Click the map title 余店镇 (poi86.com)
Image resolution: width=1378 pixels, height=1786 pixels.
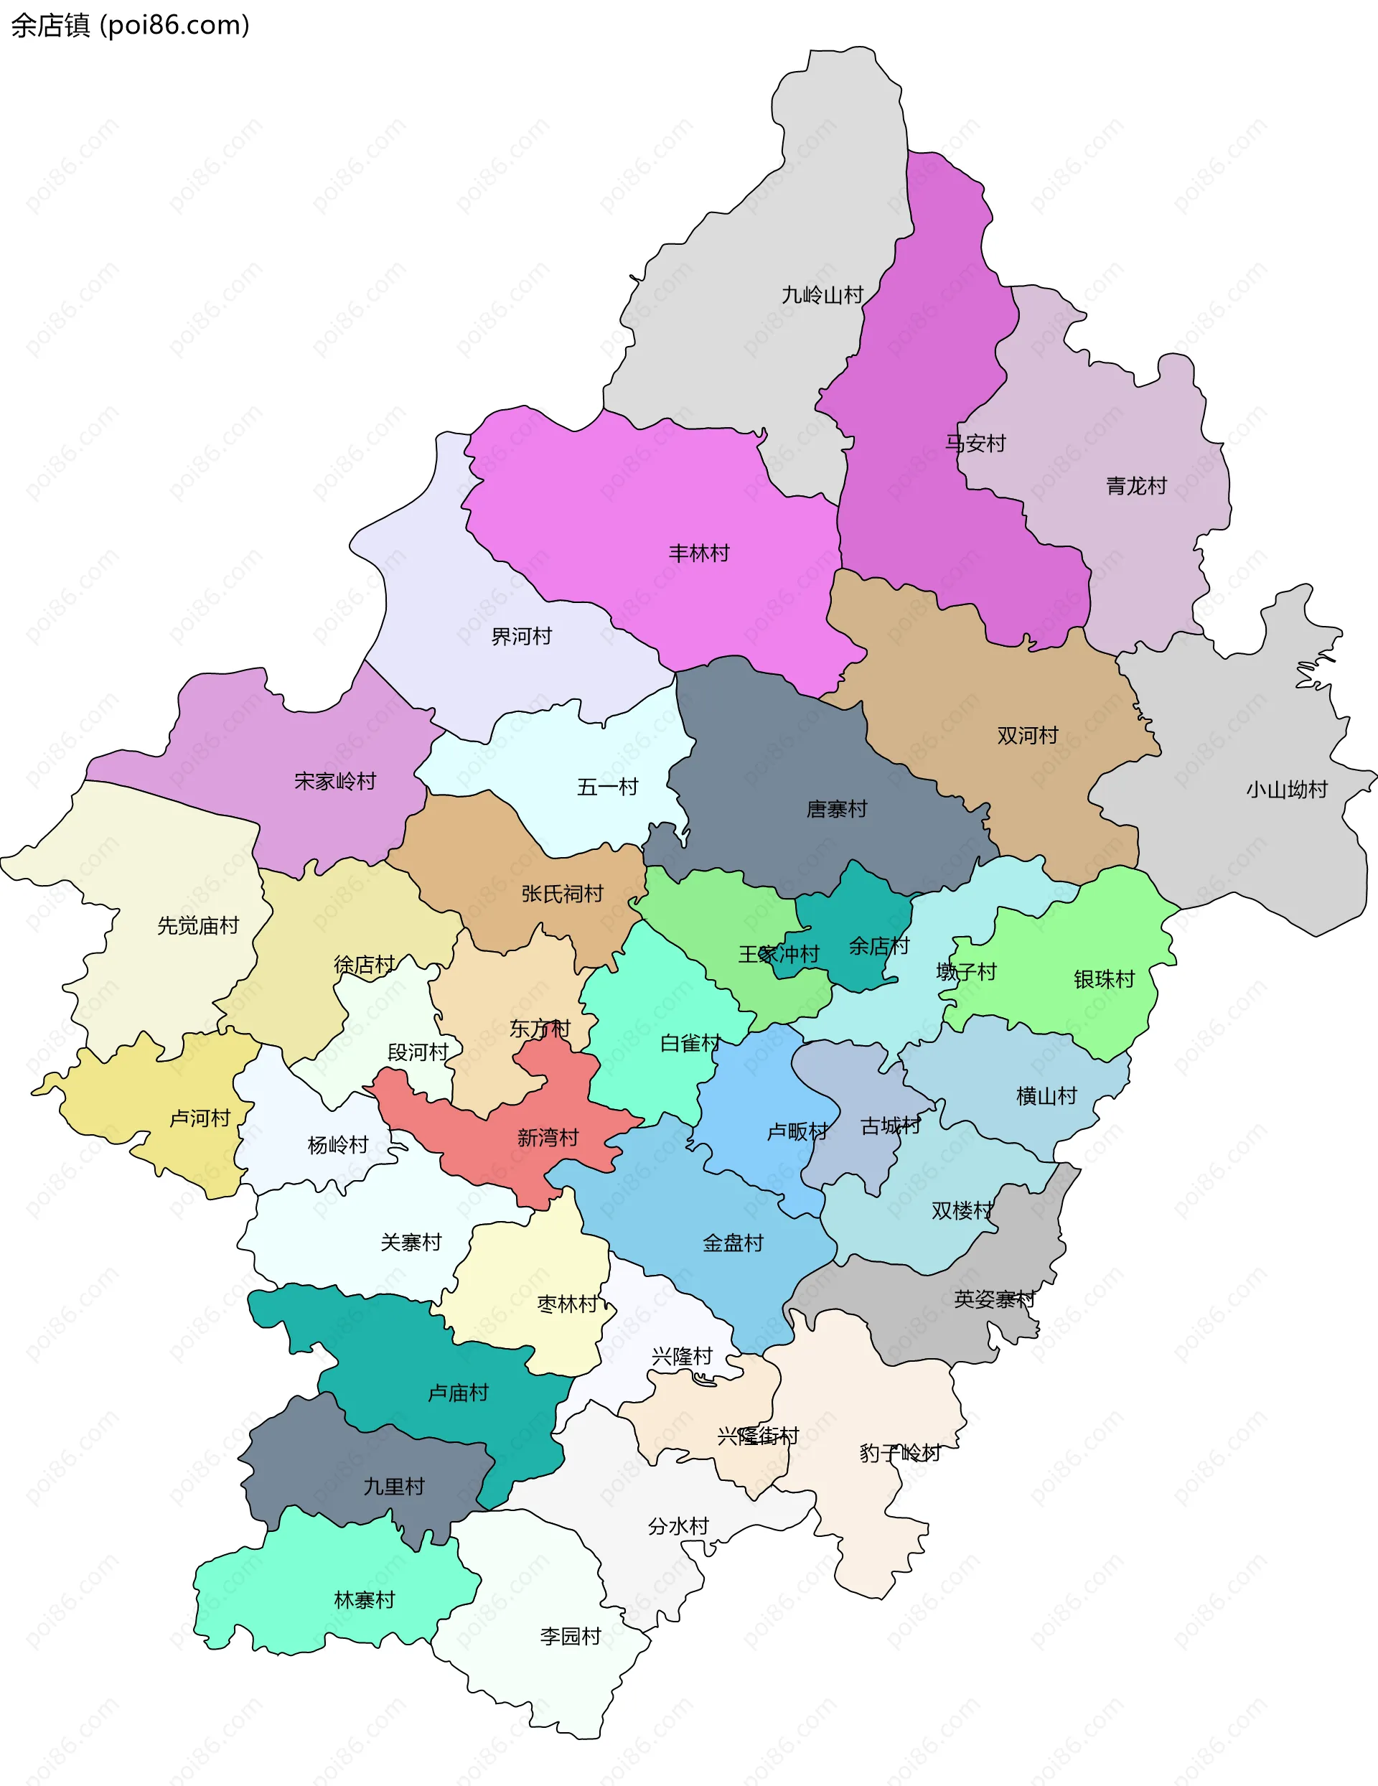[130, 25]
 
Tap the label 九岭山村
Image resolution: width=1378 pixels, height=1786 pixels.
[822, 294]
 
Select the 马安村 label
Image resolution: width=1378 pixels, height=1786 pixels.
[975, 443]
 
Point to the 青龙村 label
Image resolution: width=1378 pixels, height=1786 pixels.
[1136, 486]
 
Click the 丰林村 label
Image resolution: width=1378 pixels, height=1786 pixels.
[698, 553]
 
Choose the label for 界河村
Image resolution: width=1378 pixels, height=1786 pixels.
[521, 635]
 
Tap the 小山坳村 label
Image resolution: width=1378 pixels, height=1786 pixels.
[1286, 789]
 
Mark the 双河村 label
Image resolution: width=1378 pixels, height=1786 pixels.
[1027, 735]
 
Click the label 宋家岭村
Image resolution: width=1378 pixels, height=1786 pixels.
[335, 781]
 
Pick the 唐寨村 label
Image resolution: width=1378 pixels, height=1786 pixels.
[837, 809]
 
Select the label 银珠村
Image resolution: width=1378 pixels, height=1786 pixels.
[1104, 979]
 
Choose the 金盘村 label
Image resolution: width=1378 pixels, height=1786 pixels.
[733, 1243]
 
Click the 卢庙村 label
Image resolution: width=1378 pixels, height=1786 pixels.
[458, 1393]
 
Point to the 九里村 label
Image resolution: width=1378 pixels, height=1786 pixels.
[394, 1486]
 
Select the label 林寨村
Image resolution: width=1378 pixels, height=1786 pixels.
[365, 1599]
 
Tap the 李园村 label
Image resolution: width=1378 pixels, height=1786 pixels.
[570, 1635]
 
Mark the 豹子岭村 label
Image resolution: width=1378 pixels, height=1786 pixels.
[899, 1453]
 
